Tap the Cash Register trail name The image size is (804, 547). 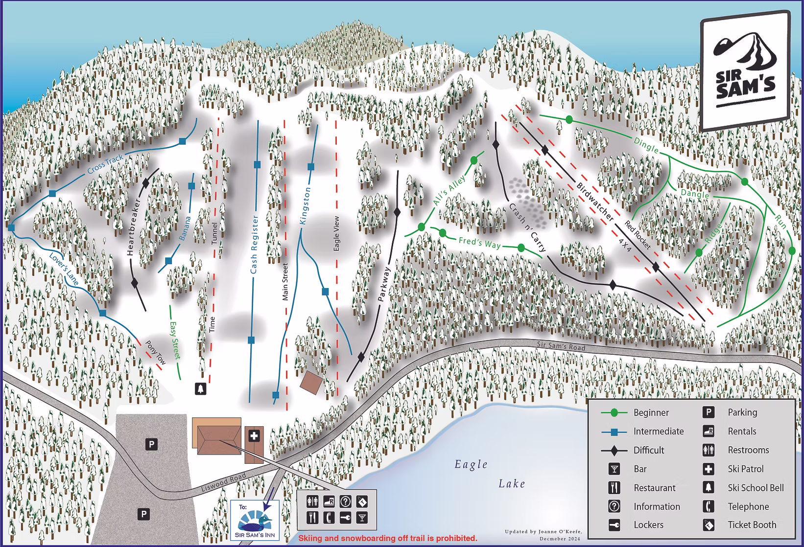coord(254,245)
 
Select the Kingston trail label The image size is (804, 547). coord(306,205)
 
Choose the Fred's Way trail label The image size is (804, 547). coord(480,242)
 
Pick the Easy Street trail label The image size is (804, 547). coord(174,340)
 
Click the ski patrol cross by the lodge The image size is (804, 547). coord(254,435)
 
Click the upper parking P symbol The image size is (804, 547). coord(152,444)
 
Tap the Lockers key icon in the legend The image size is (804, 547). coord(614,525)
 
